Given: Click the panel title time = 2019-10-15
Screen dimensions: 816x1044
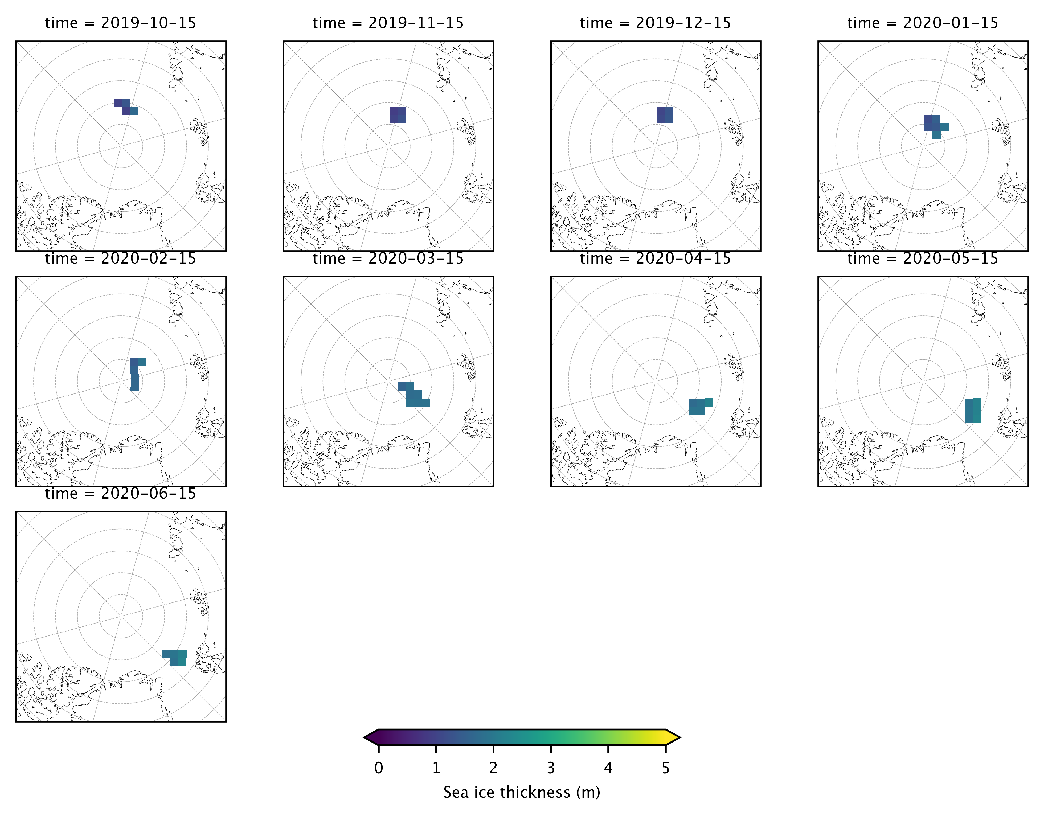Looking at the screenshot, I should (x=120, y=23).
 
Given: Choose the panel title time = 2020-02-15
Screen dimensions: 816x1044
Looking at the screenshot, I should (x=120, y=259).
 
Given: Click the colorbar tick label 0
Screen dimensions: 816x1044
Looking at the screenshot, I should (x=379, y=768).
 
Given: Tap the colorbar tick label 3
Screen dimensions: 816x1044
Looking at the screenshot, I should (x=551, y=768).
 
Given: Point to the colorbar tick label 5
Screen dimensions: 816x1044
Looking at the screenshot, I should (x=665, y=768).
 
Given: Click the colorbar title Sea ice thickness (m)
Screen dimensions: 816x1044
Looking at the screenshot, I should (x=522, y=793).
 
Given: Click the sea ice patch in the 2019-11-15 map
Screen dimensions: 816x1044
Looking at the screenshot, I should (x=397, y=115).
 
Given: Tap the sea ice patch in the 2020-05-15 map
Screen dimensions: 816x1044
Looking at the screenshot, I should (x=972, y=410).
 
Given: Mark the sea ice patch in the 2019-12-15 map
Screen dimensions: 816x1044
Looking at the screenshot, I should (x=665, y=115).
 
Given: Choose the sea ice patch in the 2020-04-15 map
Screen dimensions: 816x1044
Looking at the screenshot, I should (x=698, y=406).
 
